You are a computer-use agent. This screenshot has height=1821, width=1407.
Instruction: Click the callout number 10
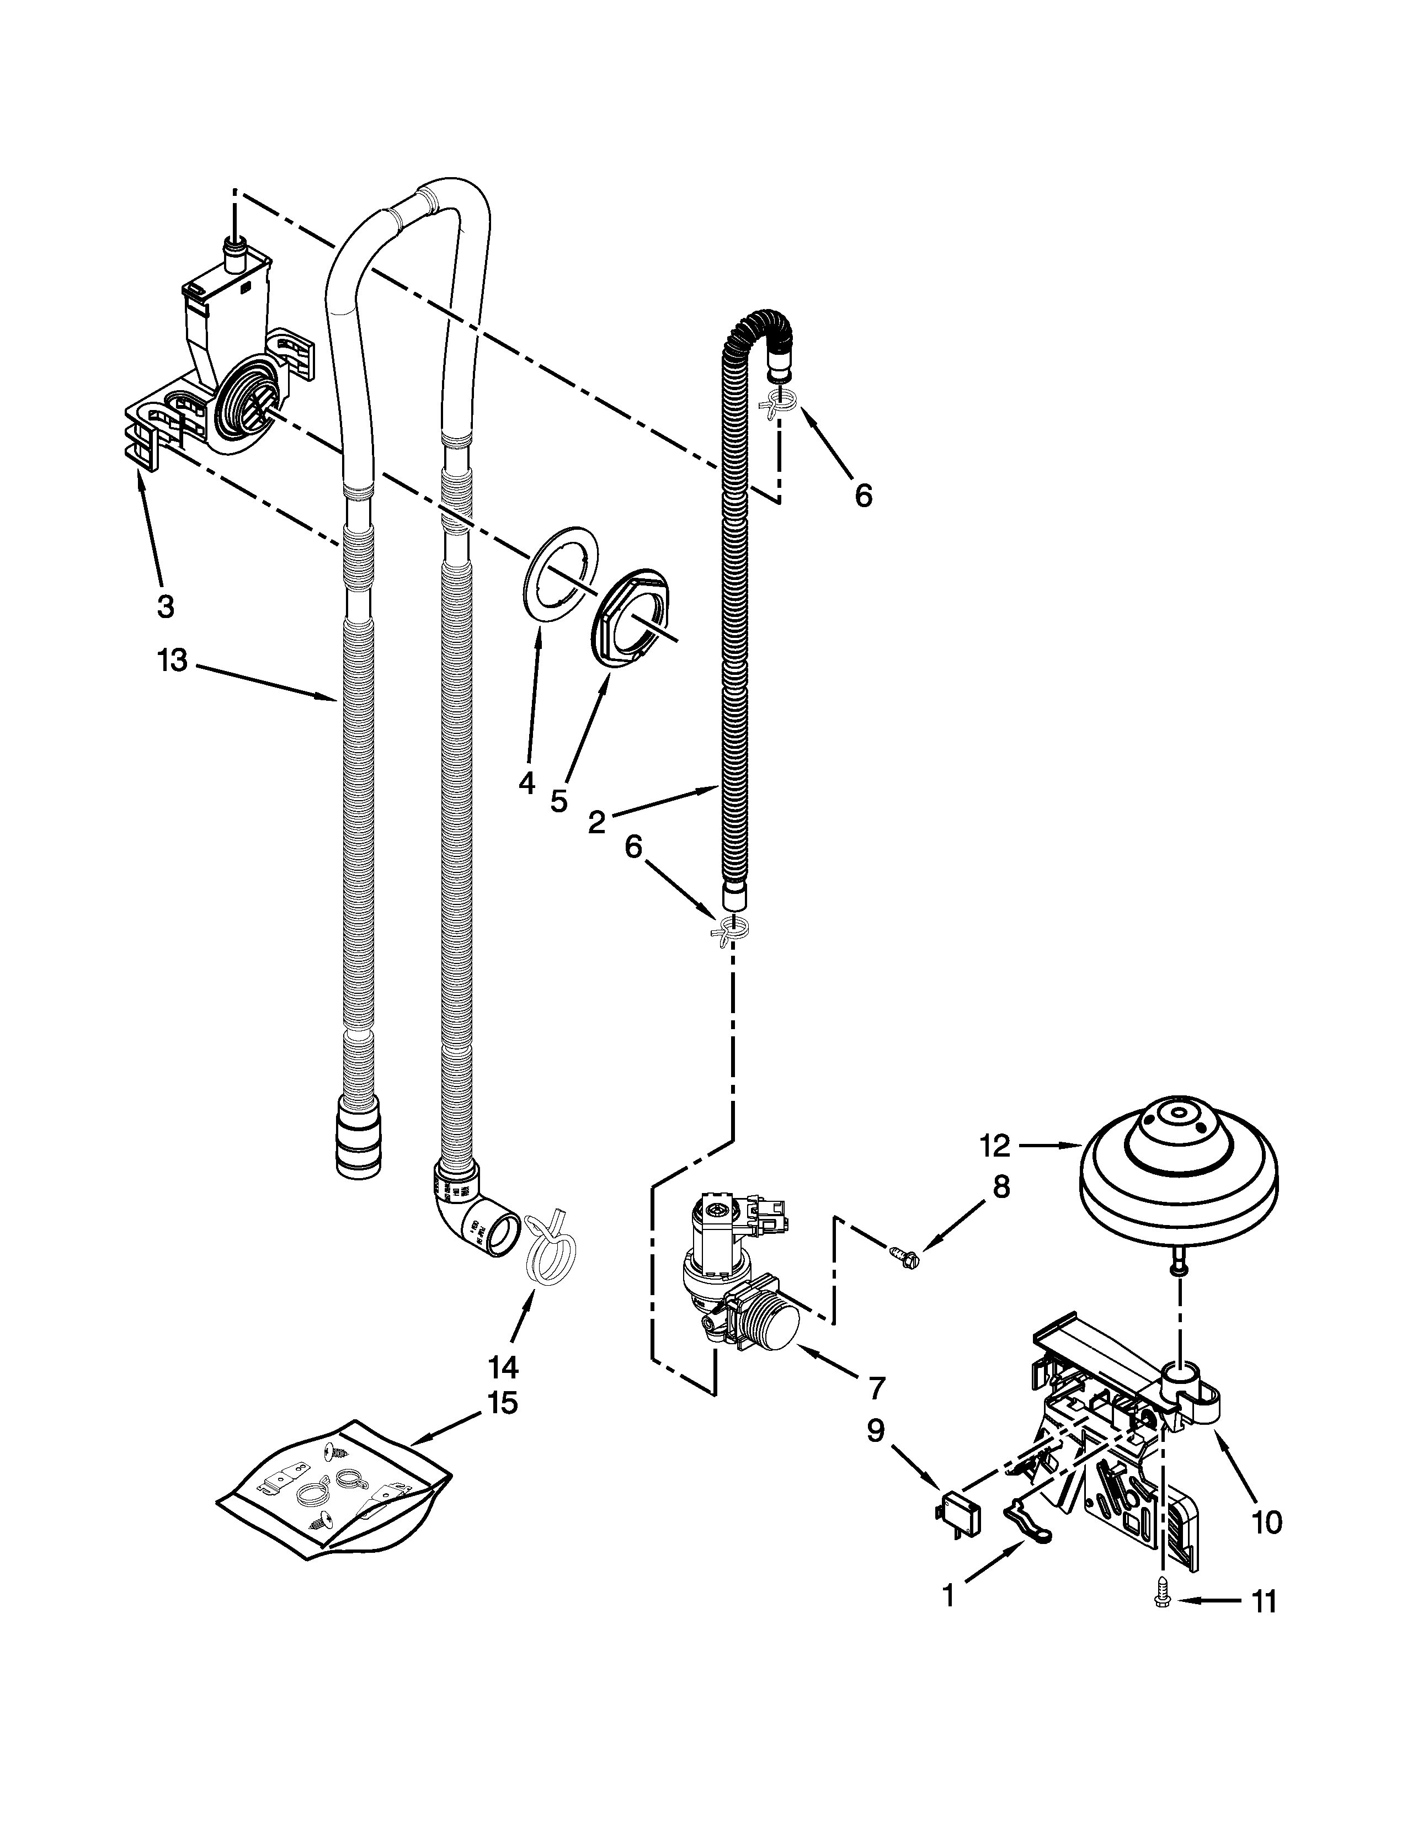[1266, 1522]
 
